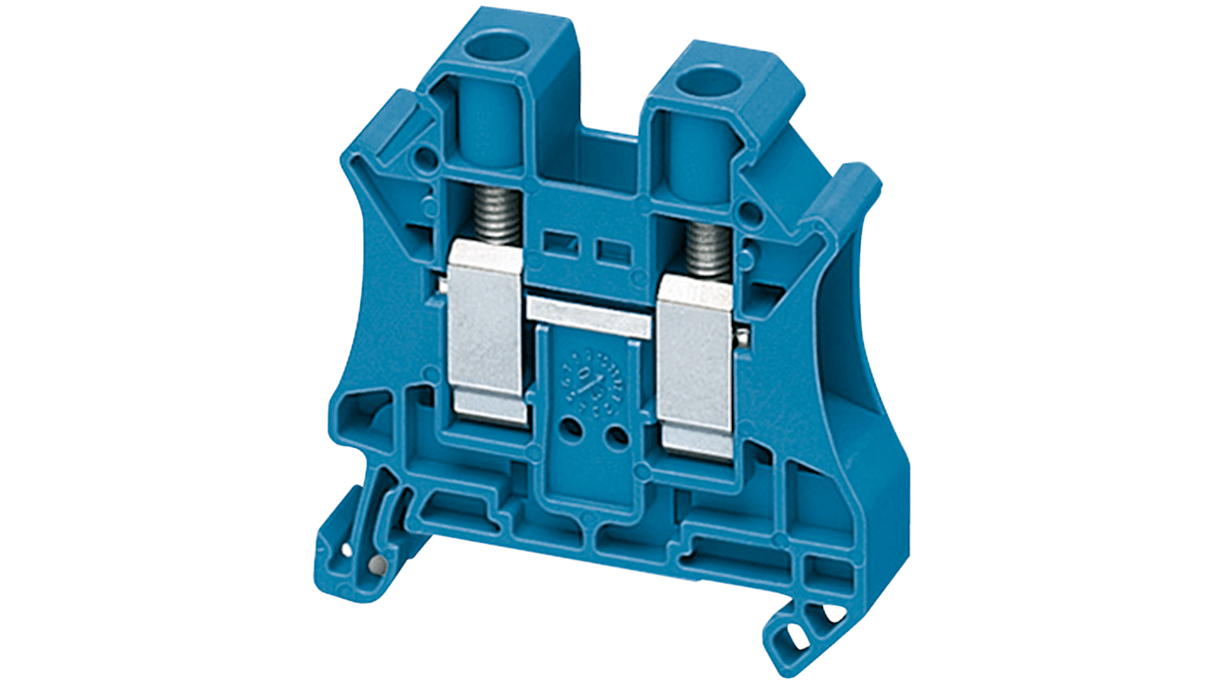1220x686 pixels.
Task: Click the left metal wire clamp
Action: coord(487,331)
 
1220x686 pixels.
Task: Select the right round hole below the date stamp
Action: coord(616,438)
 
